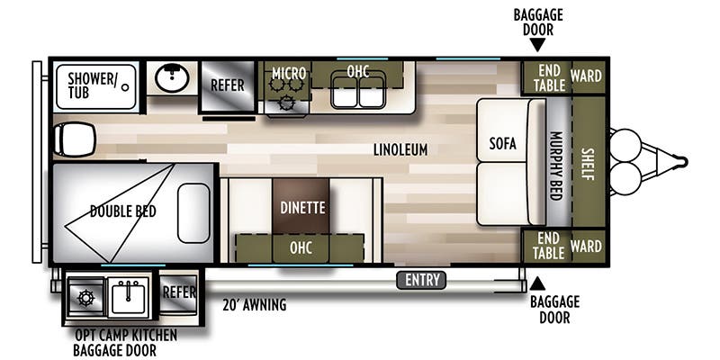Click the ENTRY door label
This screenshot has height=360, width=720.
421,280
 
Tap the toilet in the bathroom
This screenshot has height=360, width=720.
75,139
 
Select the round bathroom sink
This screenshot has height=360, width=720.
172,77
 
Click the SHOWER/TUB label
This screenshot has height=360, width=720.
92,85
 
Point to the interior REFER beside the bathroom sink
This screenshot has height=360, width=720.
228,85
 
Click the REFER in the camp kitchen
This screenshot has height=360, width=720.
179,292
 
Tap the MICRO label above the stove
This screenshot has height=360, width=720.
289,74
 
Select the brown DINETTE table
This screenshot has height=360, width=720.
301,206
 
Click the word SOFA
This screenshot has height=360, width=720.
502,144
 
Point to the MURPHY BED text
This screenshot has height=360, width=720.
556,166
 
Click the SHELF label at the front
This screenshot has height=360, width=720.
588,164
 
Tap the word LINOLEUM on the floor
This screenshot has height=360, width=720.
400,149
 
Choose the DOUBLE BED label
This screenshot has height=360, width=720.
123,211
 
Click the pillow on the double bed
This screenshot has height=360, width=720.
193,213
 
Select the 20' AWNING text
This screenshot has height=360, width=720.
255,305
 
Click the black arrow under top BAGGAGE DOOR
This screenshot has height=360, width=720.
537,45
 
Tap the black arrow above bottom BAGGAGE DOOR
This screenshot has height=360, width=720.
537,283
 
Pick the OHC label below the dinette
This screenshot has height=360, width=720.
301,248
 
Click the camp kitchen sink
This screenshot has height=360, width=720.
129,295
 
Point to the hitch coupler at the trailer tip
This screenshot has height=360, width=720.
680,162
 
